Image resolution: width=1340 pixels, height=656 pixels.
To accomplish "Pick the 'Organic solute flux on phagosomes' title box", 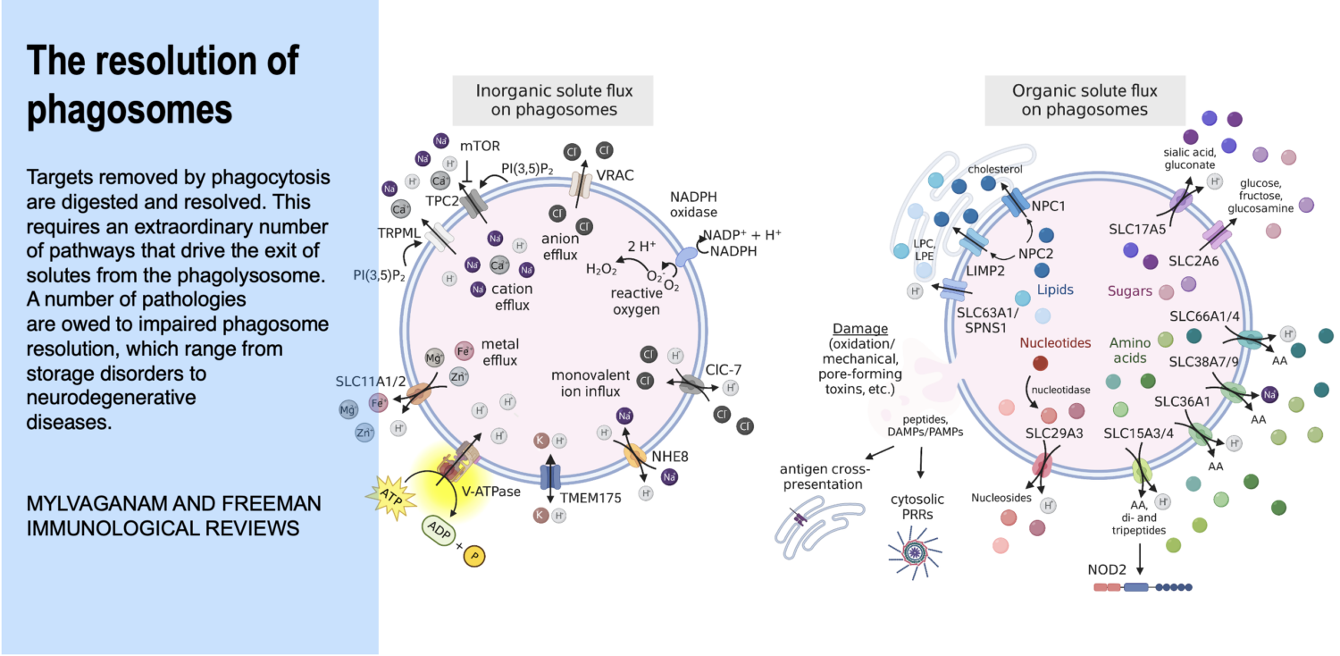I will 1085,100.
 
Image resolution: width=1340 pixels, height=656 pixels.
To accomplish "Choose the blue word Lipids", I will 1055,290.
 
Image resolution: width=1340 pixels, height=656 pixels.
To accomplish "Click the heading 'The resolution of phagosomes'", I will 163,85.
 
